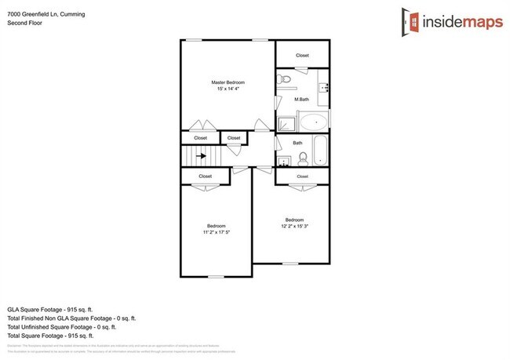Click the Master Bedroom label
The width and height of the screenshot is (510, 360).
228,82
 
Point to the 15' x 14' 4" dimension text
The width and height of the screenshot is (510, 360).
228,89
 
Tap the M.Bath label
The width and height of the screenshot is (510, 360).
301,100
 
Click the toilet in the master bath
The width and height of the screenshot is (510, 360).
285,80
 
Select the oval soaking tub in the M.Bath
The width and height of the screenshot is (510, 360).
314,123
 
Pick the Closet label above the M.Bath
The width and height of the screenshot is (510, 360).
302,56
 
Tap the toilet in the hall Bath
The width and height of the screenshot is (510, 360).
285,159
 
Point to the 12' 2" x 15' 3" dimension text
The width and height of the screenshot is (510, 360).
294,227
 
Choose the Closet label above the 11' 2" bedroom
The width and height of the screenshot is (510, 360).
205,176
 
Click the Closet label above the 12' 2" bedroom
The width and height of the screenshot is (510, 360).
302,176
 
